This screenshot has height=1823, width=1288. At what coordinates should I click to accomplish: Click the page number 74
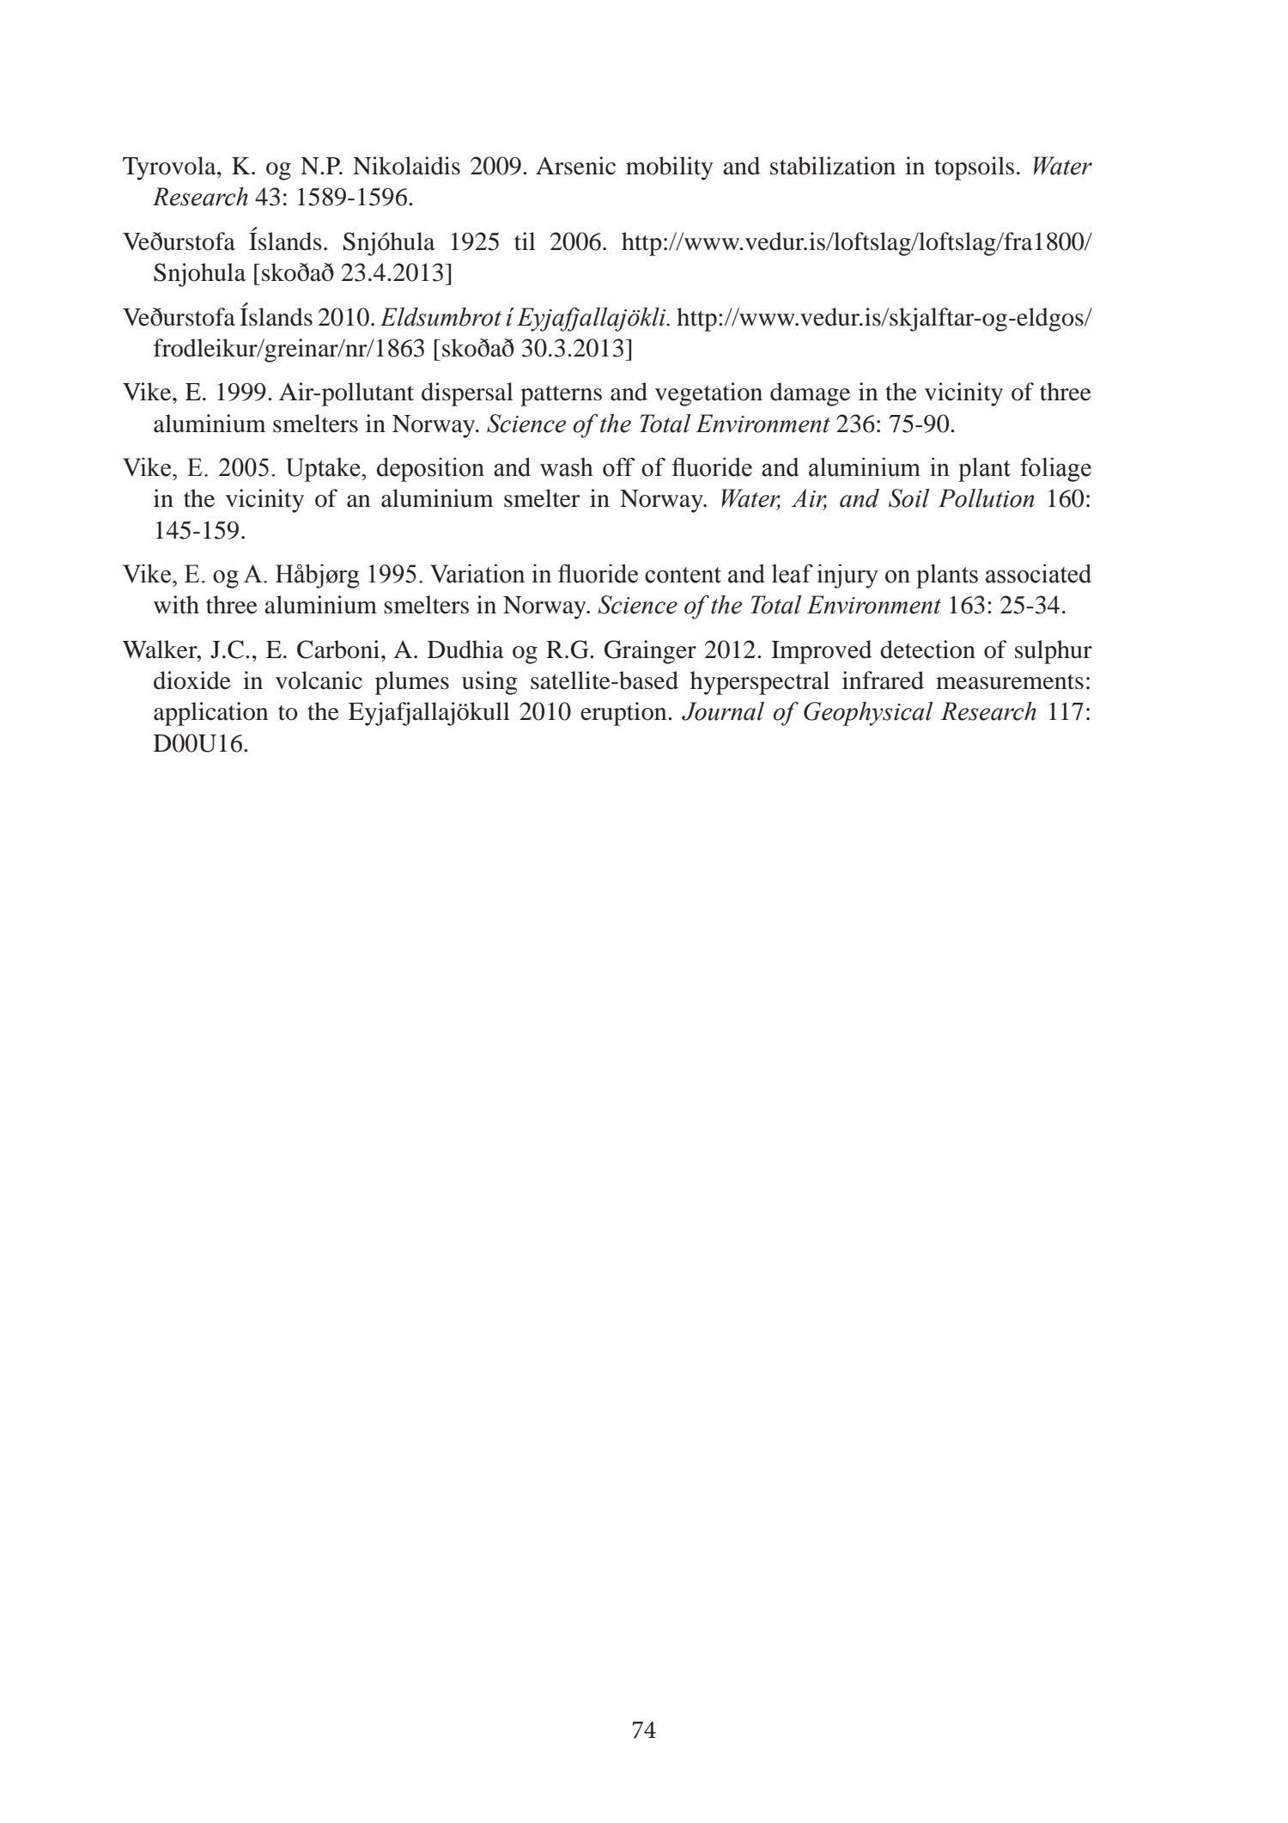(x=643, y=1729)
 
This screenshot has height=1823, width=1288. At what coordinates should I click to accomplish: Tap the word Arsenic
(x=575, y=167)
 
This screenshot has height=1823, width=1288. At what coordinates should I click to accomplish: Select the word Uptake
(x=320, y=469)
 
